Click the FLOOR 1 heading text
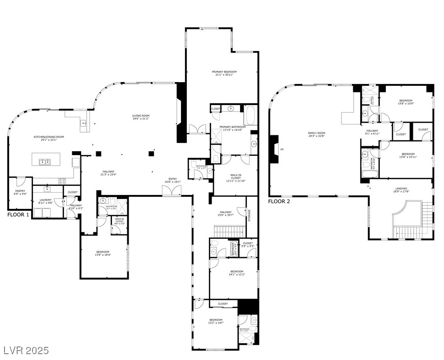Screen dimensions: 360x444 [18, 215]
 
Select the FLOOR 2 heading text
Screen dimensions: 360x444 [279, 201]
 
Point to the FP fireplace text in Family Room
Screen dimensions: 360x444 [282, 149]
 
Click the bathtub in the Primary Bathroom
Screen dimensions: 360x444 [250, 115]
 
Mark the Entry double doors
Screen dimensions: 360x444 [172, 191]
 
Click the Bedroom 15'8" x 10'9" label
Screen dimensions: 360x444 [405, 102]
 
